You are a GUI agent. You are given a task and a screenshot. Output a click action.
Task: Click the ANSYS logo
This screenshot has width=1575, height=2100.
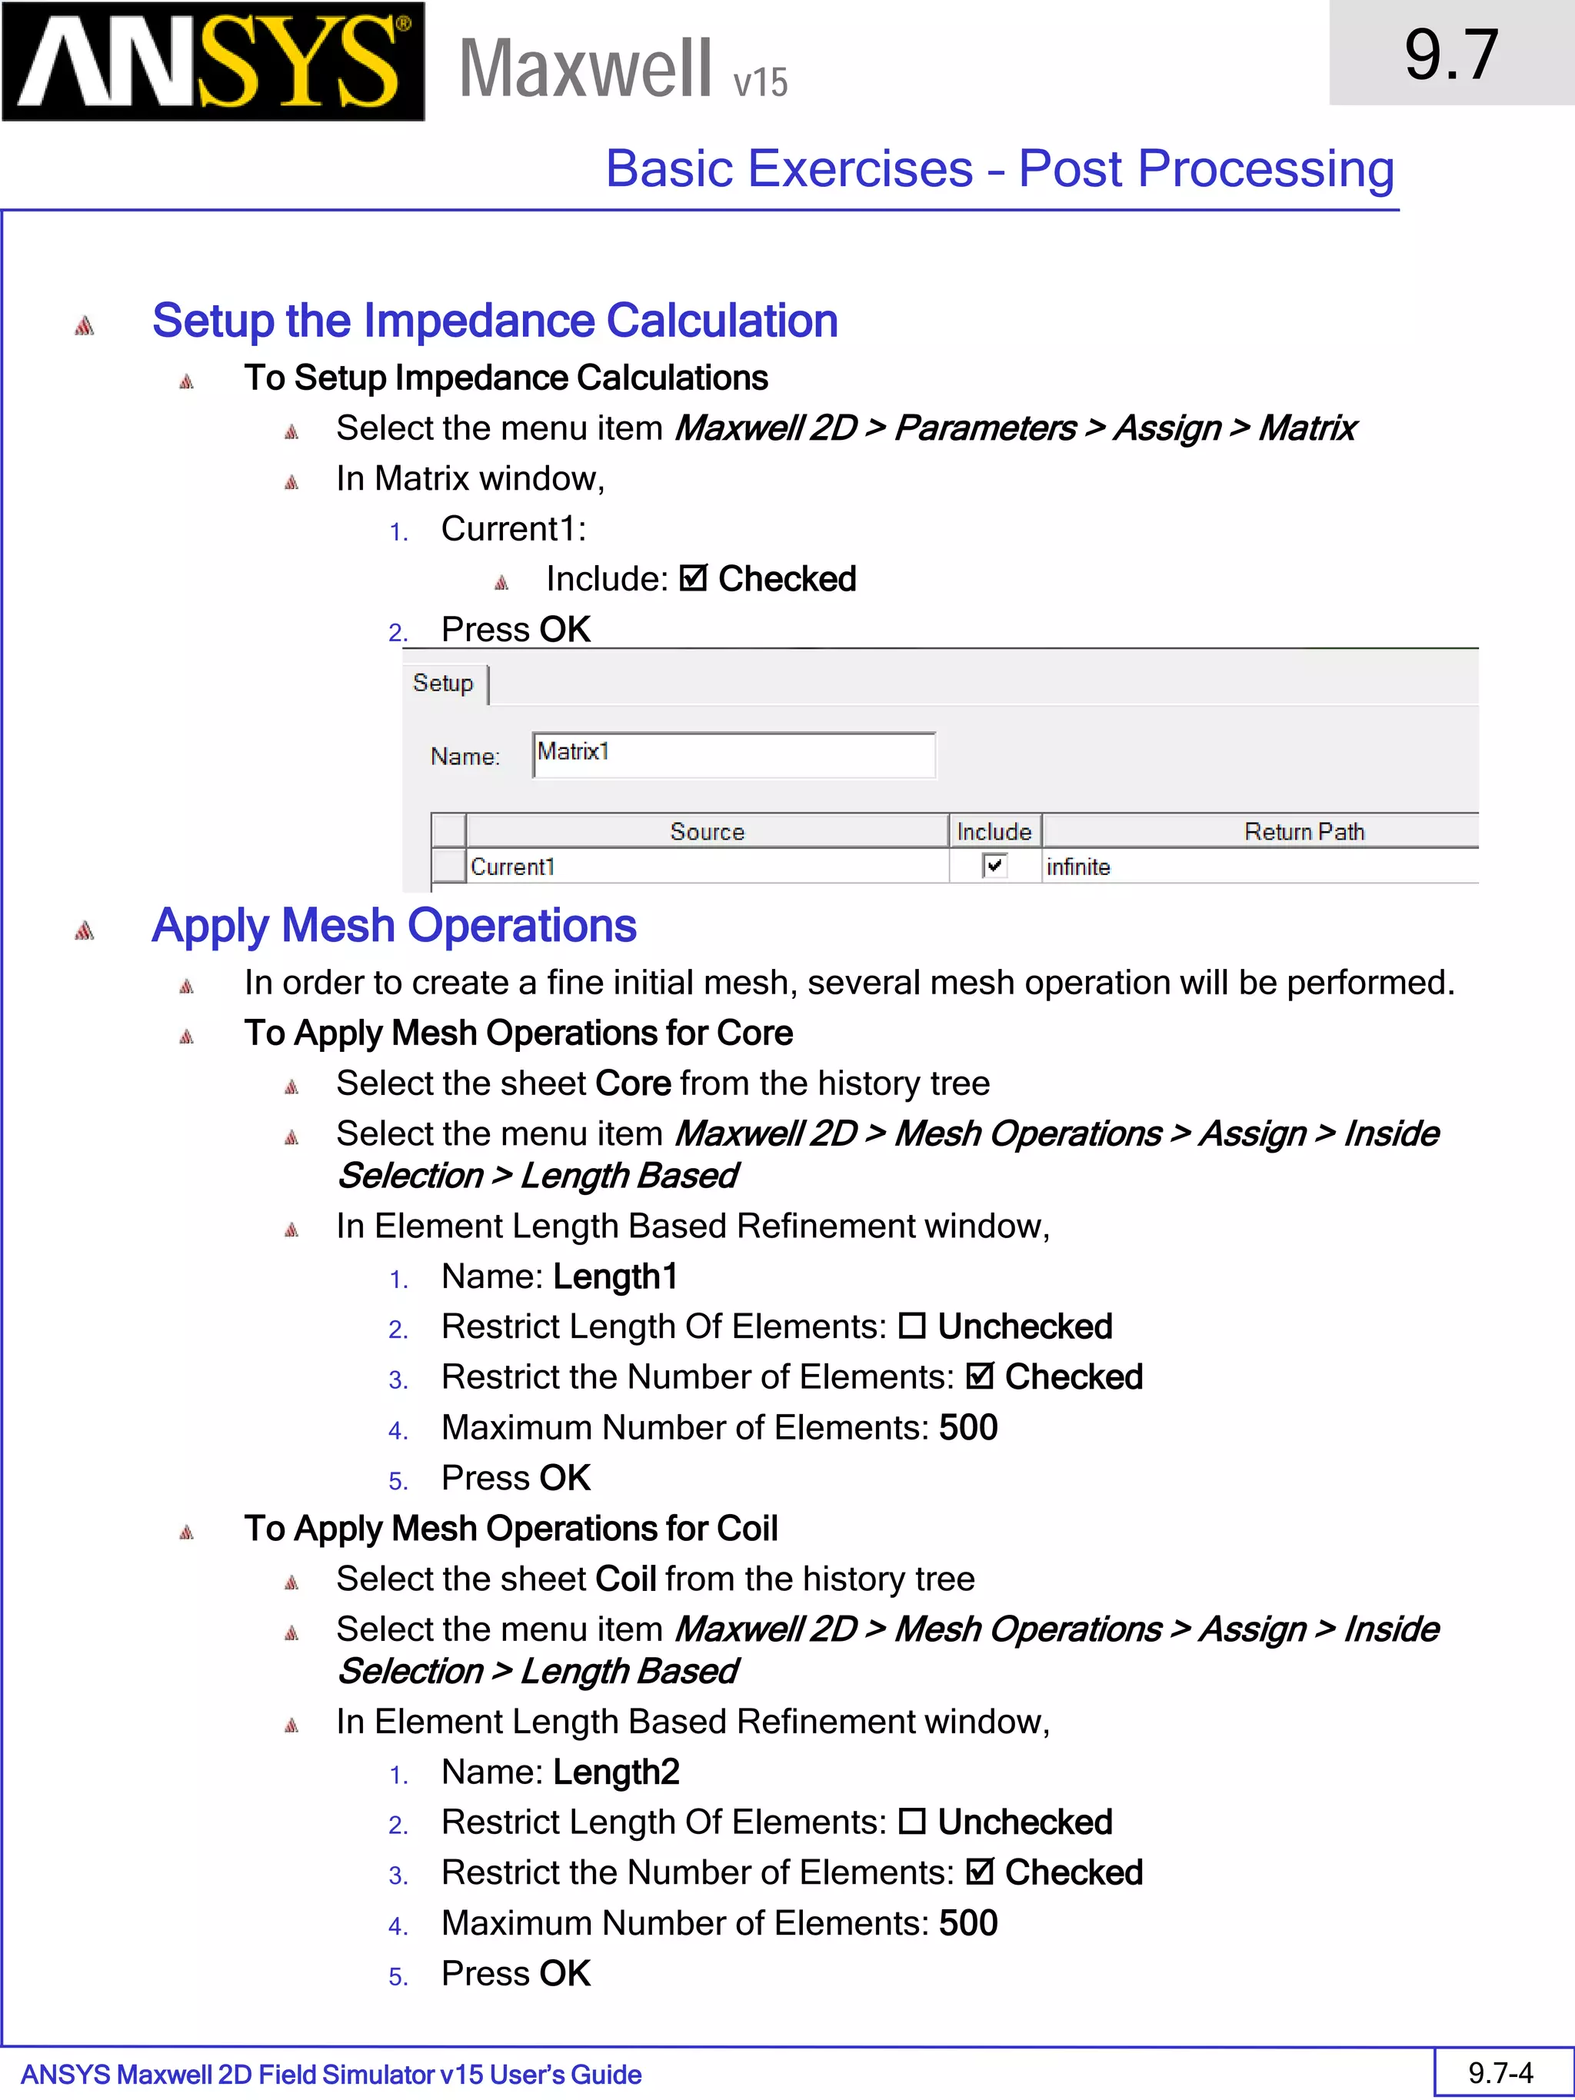pos(213,62)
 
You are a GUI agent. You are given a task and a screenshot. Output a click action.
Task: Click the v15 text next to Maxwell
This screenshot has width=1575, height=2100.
pos(760,82)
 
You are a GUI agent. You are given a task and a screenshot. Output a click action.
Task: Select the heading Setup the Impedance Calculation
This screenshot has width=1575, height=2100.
pos(494,321)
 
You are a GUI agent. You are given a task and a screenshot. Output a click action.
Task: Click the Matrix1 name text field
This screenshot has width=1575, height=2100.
pos(733,754)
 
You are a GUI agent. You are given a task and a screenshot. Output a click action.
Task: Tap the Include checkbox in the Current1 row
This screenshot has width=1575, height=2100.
pos(994,866)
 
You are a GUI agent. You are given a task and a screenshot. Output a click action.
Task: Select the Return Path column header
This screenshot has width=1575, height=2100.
pos(1303,832)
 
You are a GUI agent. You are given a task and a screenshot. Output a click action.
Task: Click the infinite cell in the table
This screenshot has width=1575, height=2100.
pos(1077,867)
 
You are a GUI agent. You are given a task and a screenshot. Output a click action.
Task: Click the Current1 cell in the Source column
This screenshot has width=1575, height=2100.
pos(513,867)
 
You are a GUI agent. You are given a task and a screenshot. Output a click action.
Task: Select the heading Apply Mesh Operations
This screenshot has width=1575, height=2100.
pos(394,926)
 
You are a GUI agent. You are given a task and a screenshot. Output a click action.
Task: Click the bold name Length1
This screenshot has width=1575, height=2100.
pos(615,1277)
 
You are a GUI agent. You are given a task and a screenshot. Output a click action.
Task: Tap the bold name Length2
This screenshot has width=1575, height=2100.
pos(616,1772)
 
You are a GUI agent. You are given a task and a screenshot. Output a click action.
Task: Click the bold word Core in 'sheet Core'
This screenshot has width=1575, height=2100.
pos(632,1083)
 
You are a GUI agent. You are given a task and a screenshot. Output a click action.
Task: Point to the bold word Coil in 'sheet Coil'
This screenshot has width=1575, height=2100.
pos(626,1579)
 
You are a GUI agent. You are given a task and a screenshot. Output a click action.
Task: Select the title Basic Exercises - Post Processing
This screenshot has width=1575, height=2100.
pos(1000,169)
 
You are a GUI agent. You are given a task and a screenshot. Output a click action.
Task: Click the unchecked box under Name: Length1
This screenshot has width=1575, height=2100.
pos(911,1326)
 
